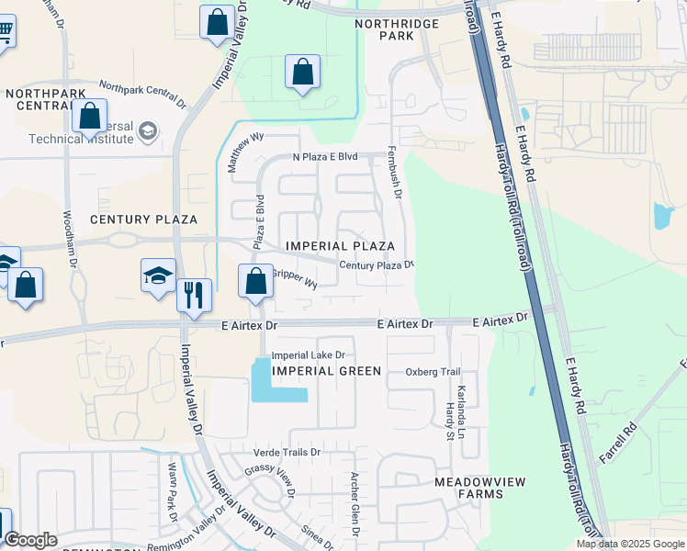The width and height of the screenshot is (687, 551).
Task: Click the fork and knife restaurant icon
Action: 194,296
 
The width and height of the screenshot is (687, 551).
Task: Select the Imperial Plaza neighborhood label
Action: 340,246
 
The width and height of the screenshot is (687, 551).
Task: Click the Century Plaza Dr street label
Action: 377,264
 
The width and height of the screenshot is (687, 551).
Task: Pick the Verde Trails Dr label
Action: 287,453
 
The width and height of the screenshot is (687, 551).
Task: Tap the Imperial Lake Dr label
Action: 308,354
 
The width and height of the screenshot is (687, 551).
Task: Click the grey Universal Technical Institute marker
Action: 147,133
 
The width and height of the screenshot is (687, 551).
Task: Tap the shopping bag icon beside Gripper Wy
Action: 256,280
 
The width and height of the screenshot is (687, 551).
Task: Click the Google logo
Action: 30,540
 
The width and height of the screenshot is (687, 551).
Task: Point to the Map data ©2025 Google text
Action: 630,544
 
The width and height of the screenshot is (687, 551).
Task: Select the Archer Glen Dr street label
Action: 354,504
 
